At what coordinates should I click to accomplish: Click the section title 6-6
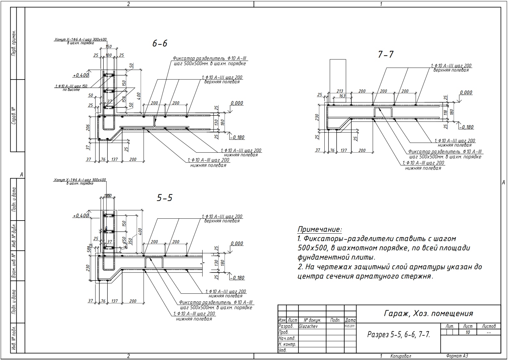(x=160, y=44)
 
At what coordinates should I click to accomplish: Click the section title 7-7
(x=386, y=55)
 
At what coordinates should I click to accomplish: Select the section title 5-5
(x=164, y=198)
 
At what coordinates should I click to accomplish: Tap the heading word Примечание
(x=320, y=230)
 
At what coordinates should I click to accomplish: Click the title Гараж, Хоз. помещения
(x=428, y=313)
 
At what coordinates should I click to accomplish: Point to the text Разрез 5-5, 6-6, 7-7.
(x=398, y=335)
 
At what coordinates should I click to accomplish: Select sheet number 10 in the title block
(x=468, y=332)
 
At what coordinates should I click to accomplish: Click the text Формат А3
(x=457, y=356)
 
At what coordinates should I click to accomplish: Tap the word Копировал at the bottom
(x=401, y=356)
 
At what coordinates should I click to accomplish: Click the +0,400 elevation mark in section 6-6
(x=80, y=75)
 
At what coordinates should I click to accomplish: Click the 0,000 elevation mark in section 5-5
(x=237, y=244)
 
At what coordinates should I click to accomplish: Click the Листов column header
(x=488, y=326)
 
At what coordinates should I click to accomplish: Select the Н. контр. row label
(x=287, y=344)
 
